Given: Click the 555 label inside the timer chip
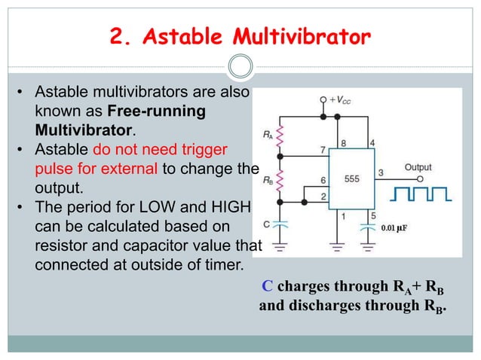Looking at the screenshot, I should pos(352,180).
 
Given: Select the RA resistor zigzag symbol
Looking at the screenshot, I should pos(280,136).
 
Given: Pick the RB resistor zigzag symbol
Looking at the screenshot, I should pos(280,181).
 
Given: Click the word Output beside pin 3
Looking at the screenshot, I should pos(418,166).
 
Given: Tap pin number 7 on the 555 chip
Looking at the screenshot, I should pos(322,150).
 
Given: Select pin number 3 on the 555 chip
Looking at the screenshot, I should pos(381,172).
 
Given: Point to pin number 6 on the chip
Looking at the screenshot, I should pos(323,181).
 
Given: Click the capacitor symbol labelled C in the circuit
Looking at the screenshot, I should pos(280,224).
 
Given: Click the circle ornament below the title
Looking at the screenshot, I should pos(240,66).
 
